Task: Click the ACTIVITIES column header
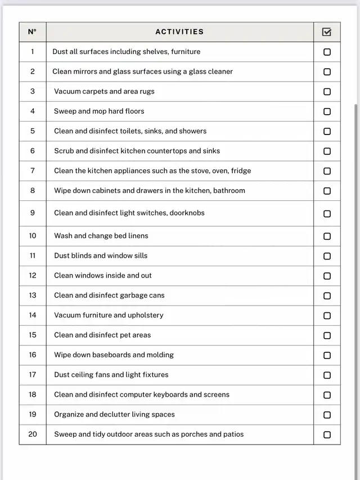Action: tap(179, 32)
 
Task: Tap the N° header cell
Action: tap(32, 32)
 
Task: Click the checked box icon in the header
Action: tap(327, 32)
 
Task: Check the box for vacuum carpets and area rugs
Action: tap(327, 92)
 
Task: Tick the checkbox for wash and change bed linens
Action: tap(327, 236)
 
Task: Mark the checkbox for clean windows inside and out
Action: tap(327, 276)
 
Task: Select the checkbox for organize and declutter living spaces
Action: tap(327, 415)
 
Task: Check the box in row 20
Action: tap(327, 434)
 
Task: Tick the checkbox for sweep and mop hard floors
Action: tap(327, 111)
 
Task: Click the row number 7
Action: tap(32, 171)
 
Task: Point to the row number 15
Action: tap(32, 335)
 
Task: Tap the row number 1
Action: tap(32, 52)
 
